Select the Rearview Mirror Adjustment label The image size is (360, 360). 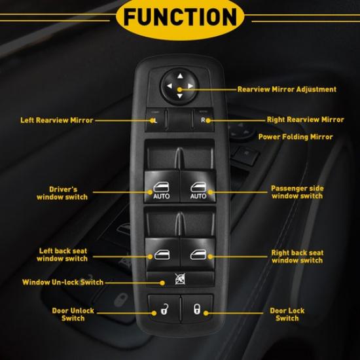coord(287,89)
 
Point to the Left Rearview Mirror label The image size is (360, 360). coord(56,120)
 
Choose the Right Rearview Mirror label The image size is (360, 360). coord(305,120)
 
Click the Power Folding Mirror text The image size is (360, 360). coord(295,137)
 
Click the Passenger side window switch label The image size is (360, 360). coord(297,192)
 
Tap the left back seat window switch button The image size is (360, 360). coord(161,253)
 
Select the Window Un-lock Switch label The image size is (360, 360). coord(63,283)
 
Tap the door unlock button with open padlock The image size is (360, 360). coord(161,308)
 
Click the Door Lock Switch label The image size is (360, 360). coord(287,314)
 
